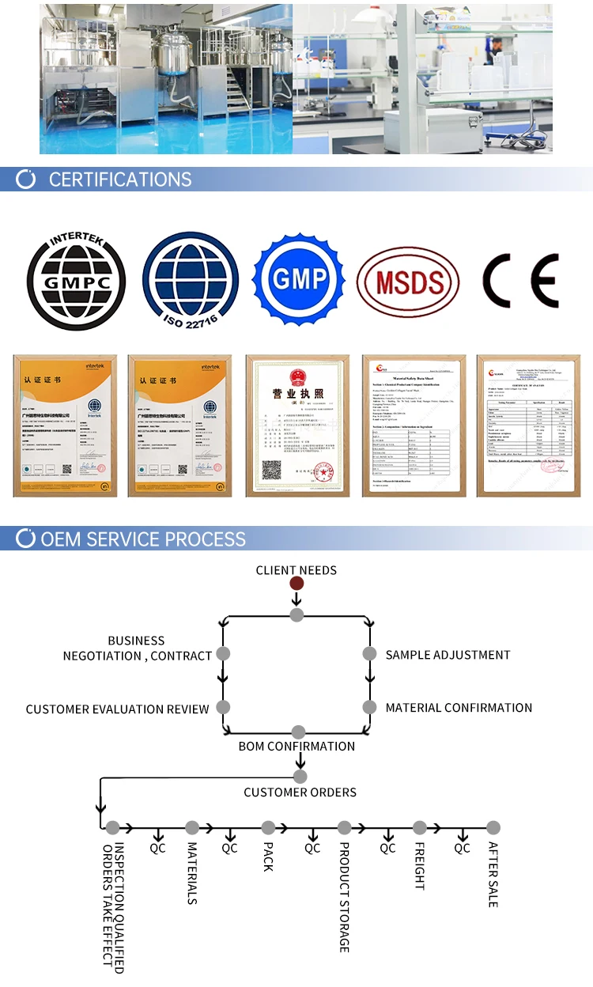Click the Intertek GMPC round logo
click(76, 281)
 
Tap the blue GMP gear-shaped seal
click(300, 279)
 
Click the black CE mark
click(520, 282)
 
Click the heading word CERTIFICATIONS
click(119, 180)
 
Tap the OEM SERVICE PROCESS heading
click(143, 539)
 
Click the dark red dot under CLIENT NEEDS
click(296, 584)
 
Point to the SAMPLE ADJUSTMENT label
click(448, 655)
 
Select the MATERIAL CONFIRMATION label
click(459, 708)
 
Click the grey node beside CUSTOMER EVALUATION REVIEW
click(223, 707)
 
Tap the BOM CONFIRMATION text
click(296, 746)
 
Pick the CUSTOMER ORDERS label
click(300, 792)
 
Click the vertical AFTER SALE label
click(493, 874)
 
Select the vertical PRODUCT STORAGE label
click(344, 897)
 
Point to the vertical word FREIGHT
click(419, 866)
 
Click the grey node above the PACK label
click(268, 828)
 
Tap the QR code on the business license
click(272, 470)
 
